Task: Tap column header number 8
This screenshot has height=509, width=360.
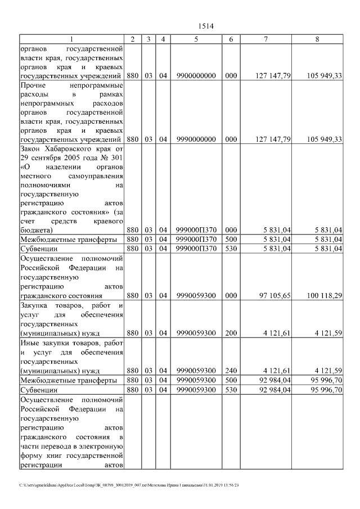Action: (319, 39)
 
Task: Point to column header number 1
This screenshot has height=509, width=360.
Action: (71, 39)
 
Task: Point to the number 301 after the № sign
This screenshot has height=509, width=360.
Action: (115, 157)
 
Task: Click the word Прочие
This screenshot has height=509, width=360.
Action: (33, 85)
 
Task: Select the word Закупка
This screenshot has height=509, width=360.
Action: (35, 305)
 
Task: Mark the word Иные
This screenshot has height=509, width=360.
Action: (29, 343)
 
